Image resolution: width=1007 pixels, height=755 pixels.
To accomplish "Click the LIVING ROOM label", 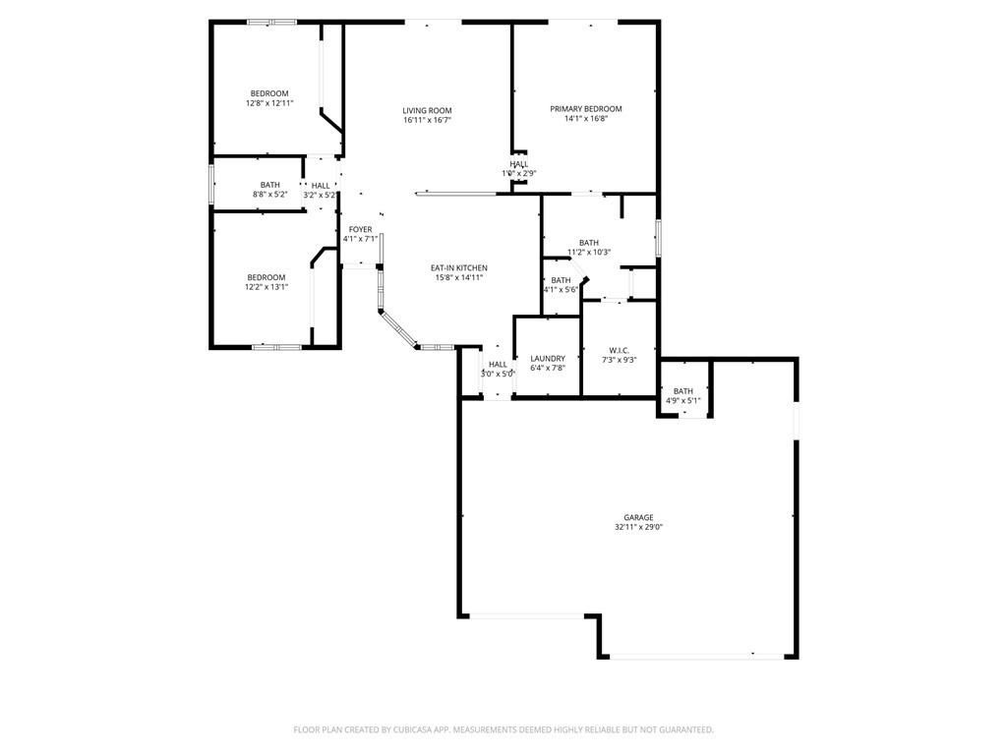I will tap(427, 110).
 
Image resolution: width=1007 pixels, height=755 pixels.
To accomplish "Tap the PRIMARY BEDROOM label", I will tap(585, 109).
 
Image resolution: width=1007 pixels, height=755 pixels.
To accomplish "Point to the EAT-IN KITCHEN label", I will tap(459, 267).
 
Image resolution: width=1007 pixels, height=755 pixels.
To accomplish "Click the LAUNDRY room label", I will tap(547, 359).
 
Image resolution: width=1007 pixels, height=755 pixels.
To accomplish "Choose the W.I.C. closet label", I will tap(619, 350).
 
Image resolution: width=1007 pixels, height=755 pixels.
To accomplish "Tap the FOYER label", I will tap(360, 229).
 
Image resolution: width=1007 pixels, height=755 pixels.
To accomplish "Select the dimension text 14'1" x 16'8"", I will tap(585, 119).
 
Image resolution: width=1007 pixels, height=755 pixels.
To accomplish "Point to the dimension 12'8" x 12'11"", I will tap(268, 103).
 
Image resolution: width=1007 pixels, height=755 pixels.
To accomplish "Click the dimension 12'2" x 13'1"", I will tap(266, 287).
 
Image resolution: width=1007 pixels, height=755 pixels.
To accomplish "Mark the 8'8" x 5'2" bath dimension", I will tap(269, 195).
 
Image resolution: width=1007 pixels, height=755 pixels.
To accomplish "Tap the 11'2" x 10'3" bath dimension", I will tap(588, 253).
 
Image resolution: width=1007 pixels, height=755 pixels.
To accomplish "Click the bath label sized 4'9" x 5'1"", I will tap(682, 391).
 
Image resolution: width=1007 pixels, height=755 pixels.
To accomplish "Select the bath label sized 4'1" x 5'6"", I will tap(561, 280).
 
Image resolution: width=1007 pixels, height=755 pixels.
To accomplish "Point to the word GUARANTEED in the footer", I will tap(683, 729).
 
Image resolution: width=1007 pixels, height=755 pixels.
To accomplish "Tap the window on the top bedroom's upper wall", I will tap(271, 22).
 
